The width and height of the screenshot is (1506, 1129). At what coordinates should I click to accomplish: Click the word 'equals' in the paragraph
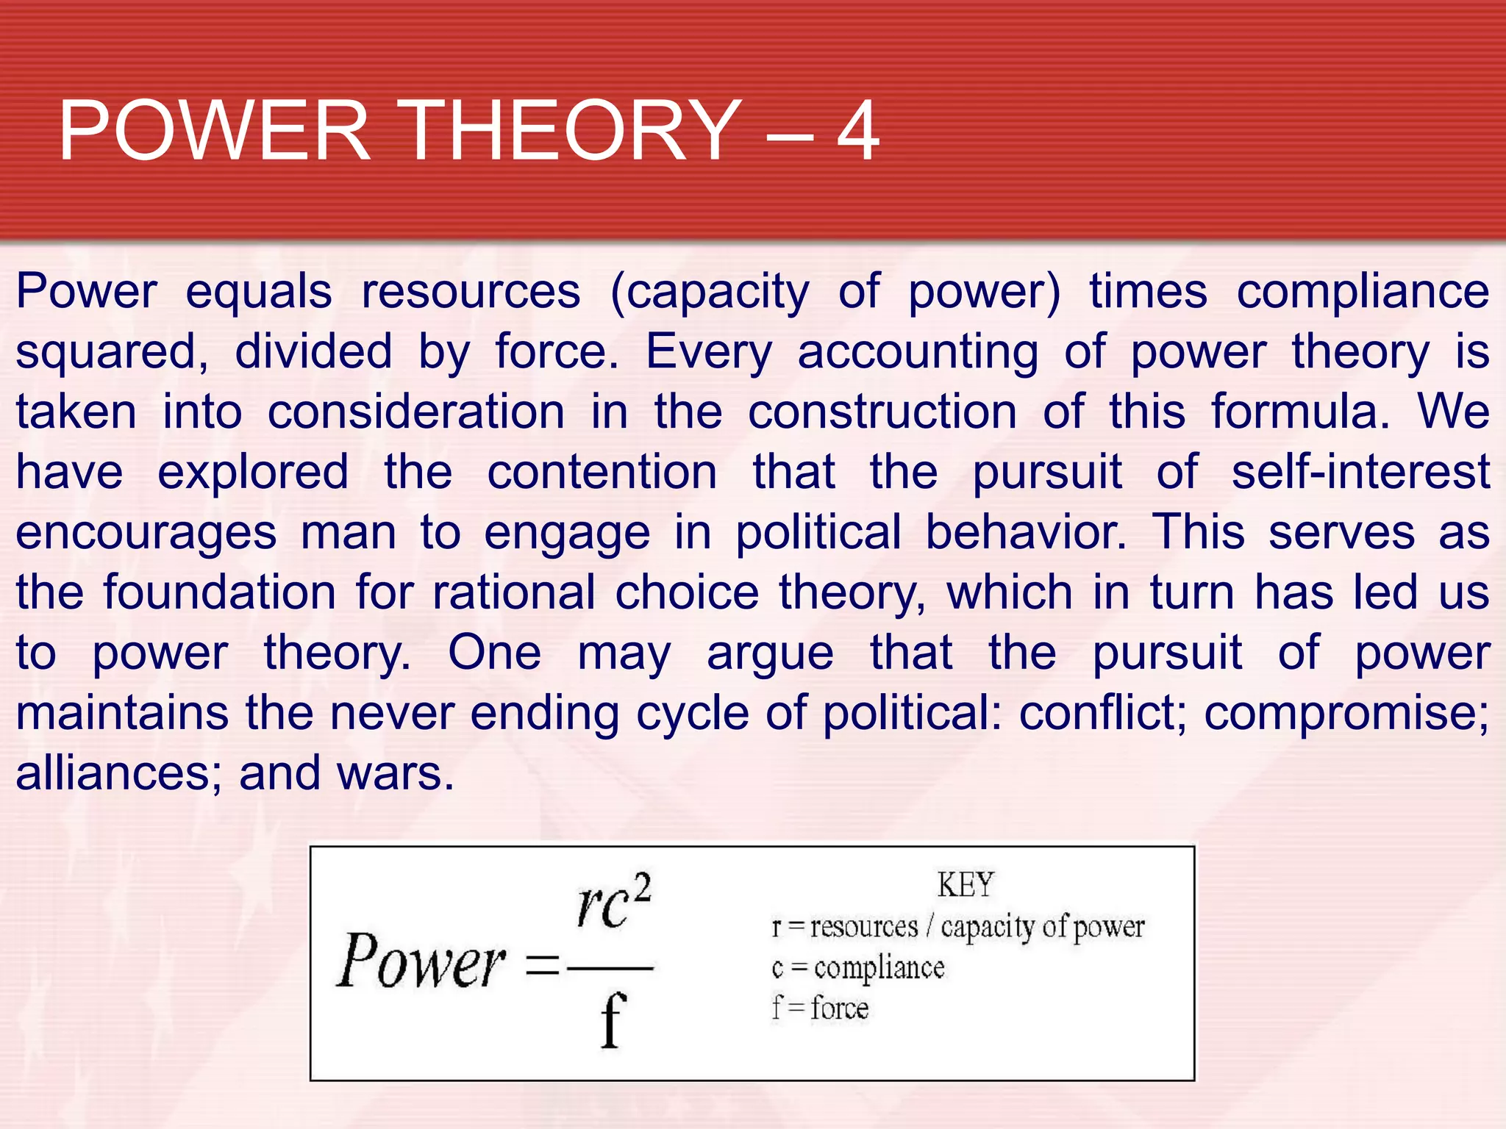259,293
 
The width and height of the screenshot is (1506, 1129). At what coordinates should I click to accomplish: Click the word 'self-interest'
1360,472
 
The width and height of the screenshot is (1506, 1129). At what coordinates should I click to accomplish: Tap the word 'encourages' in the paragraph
146,534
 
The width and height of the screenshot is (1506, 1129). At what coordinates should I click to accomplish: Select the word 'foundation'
219,592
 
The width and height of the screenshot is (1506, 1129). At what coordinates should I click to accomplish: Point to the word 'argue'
770,654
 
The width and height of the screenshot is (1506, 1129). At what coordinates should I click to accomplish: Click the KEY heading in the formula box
966,884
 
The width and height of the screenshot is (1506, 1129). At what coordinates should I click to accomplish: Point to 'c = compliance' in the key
857,968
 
